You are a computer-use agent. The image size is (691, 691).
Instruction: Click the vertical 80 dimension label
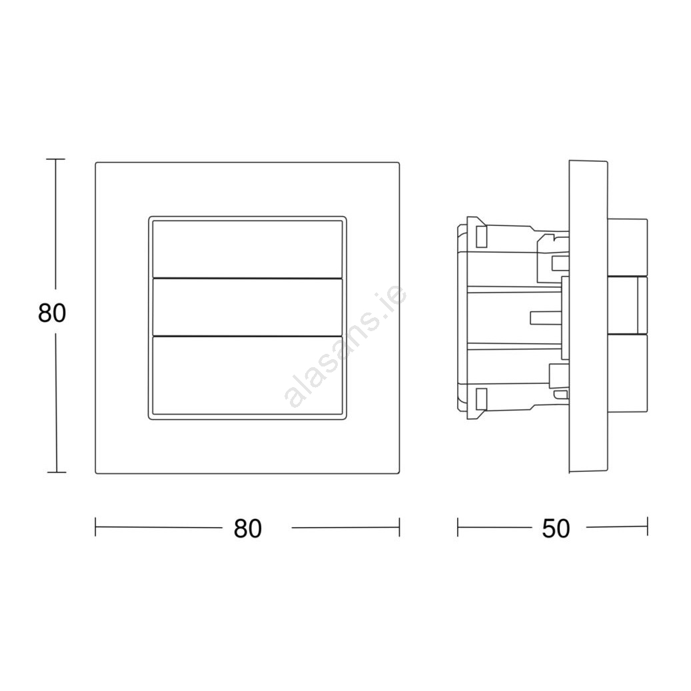pyautogui.click(x=52, y=313)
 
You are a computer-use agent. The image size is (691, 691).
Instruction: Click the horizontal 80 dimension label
pyautogui.click(x=248, y=528)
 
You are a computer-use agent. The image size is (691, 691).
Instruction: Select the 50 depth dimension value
pyautogui.click(x=556, y=528)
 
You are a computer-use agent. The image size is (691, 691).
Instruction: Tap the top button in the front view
pyautogui.click(x=247, y=249)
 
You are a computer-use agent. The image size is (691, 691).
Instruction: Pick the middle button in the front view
pyautogui.click(x=247, y=307)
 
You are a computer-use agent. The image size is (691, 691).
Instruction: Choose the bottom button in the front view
pyautogui.click(x=247, y=376)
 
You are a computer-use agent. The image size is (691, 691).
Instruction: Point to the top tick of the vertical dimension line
pyautogui.click(x=55, y=159)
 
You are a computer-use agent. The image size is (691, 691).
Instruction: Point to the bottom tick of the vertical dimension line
pyautogui.click(x=57, y=472)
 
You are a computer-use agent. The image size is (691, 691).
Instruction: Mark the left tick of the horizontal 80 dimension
pyautogui.click(x=96, y=527)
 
